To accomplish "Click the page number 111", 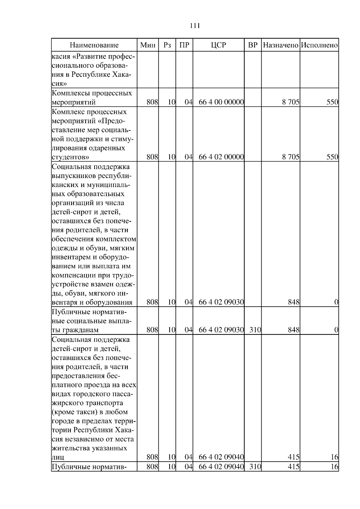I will [x=195, y=26].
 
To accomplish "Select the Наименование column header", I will [x=94, y=45].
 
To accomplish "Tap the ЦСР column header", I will [x=218, y=45].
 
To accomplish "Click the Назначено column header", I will [x=280, y=45].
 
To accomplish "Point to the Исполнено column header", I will [x=319, y=45].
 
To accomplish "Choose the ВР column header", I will [x=253, y=45].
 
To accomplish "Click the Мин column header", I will [x=148, y=45].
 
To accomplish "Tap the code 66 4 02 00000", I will [x=221, y=157].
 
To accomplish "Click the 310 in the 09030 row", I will [x=255, y=330].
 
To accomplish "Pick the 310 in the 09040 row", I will [x=255, y=467].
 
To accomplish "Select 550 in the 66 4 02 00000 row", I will [x=332, y=157].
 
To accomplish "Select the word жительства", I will [x=71, y=448].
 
